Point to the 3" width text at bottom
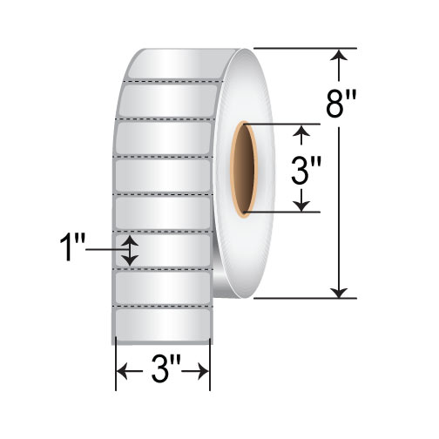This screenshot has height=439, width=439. pyautogui.click(x=163, y=375)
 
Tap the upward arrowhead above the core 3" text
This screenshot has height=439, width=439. pyautogui.click(x=301, y=132)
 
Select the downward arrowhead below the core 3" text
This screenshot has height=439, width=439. pyautogui.click(x=301, y=204)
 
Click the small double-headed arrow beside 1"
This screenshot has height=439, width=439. pyautogui.click(x=130, y=250)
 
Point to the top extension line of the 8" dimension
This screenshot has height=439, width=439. pyautogui.click(x=305, y=48)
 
